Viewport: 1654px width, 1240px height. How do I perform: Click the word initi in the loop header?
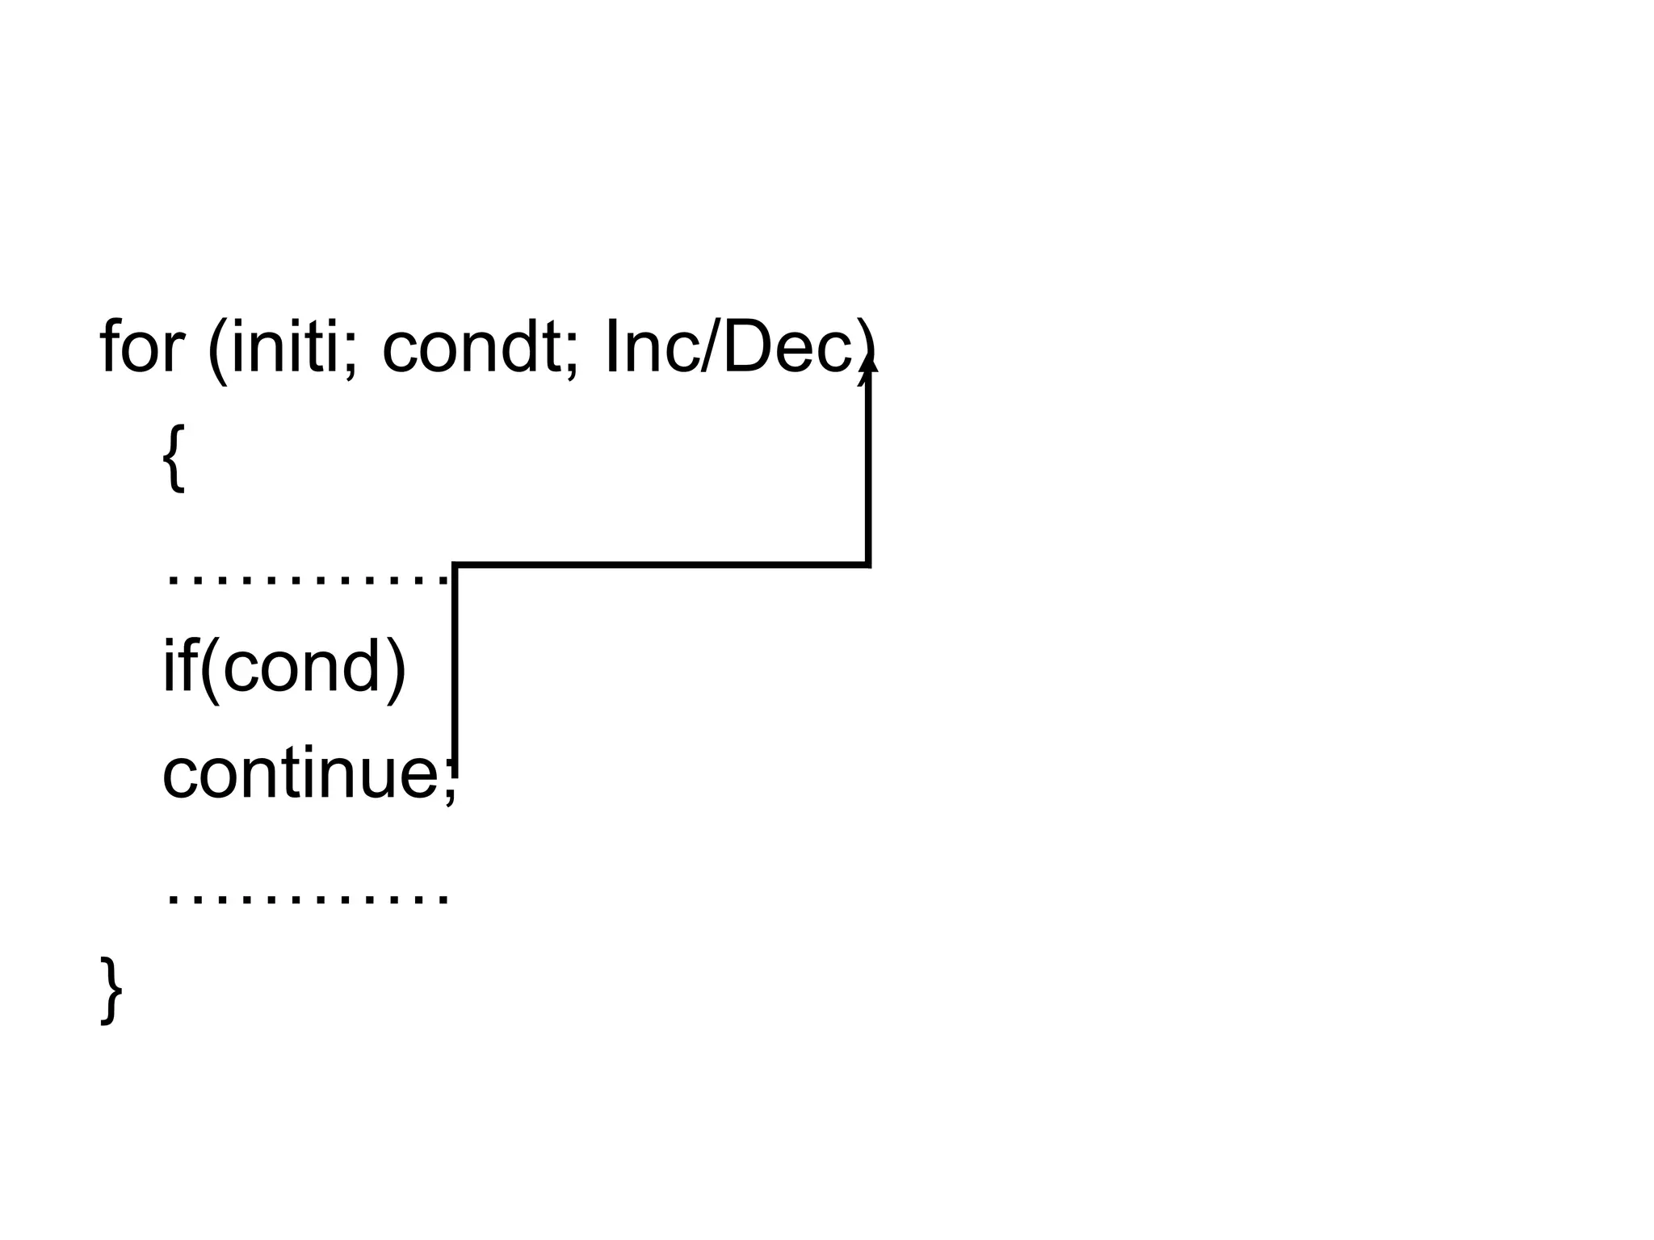click(x=284, y=347)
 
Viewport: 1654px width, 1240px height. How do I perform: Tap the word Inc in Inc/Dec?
click(x=651, y=347)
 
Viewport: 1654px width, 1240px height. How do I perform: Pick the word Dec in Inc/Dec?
click(x=787, y=347)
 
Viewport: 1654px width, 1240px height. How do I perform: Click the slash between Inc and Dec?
click(x=711, y=347)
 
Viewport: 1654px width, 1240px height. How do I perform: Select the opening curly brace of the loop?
click(x=174, y=458)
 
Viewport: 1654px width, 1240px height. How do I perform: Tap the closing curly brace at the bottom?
click(x=111, y=991)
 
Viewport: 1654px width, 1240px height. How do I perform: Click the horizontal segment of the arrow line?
click(x=662, y=564)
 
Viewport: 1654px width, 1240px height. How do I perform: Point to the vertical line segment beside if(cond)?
click(x=455, y=662)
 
